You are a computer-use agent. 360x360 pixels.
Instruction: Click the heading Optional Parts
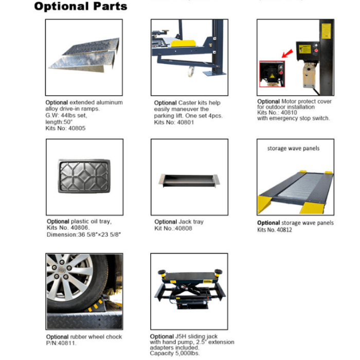pyautogui.click(x=81, y=6)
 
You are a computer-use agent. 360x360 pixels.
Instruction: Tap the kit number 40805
pyautogui.click(x=77, y=128)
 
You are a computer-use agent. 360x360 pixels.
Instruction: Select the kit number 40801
pyautogui.click(x=186, y=122)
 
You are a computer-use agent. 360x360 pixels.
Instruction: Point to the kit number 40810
pyautogui.click(x=289, y=113)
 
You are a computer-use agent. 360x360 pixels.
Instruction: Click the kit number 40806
pyautogui.click(x=79, y=227)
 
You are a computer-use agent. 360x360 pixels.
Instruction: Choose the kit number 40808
pyautogui.click(x=184, y=228)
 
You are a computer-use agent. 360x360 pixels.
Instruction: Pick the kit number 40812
pyautogui.click(x=284, y=229)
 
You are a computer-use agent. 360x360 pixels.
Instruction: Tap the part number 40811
pyautogui.click(x=66, y=343)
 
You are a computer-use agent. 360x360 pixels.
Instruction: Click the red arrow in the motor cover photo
pyautogui.click(x=287, y=53)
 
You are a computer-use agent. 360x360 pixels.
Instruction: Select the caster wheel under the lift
pyautogui.click(x=190, y=71)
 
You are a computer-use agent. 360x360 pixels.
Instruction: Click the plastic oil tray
pyautogui.click(x=84, y=176)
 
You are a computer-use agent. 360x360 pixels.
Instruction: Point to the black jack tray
pyautogui.click(x=189, y=180)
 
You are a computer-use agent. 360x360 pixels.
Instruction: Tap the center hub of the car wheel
pyautogui.click(x=61, y=270)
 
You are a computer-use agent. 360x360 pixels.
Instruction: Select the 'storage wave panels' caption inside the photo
pyautogui.click(x=293, y=148)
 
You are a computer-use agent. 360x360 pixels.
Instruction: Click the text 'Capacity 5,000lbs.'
pyautogui.click(x=175, y=353)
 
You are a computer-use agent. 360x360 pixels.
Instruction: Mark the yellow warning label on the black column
pyautogui.click(x=326, y=31)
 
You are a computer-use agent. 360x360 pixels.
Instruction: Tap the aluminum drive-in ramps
pyautogui.click(x=84, y=55)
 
